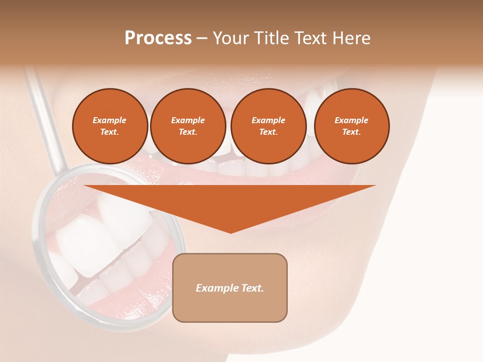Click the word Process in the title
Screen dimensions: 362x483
(158, 38)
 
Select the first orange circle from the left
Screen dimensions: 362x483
(110, 126)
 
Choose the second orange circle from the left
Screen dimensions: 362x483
(188, 126)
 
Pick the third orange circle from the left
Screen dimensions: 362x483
(268, 126)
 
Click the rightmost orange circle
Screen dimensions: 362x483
(351, 126)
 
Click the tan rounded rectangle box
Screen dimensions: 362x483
(229, 288)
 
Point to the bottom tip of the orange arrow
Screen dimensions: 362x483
(230, 232)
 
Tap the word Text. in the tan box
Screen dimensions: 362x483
(252, 288)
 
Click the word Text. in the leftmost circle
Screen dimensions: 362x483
(110, 132)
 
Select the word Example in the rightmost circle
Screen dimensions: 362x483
(351, 120)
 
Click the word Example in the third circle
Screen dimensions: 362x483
(268, 120)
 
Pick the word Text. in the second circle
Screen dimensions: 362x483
(188, 132)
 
